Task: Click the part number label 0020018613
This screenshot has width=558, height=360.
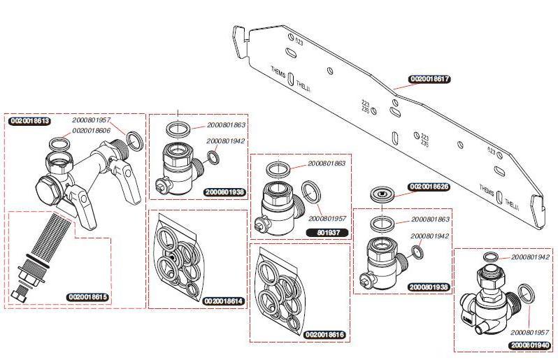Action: click(x=29, y=121)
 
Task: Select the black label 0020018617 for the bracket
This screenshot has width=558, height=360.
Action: click(x=429, y=80)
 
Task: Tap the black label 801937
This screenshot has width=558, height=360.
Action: click(x=328, y=231)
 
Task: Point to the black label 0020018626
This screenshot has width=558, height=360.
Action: click(x=429, y=187)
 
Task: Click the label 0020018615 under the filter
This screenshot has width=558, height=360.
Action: click(x=88, y=297)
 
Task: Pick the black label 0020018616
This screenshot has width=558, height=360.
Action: click(x=325, y=335)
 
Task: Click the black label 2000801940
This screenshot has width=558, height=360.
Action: click(x=530, y=345)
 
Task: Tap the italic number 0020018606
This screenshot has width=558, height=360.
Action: click(x=91, y=130)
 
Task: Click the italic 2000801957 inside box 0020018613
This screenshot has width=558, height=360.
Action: click(x=91, y=120)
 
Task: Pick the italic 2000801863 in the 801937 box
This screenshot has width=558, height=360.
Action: click(x=326, y=164)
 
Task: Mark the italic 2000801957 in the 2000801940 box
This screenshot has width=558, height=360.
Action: click(x=530, y=332)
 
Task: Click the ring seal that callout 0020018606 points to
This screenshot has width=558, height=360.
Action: click(x=59, y=145)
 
